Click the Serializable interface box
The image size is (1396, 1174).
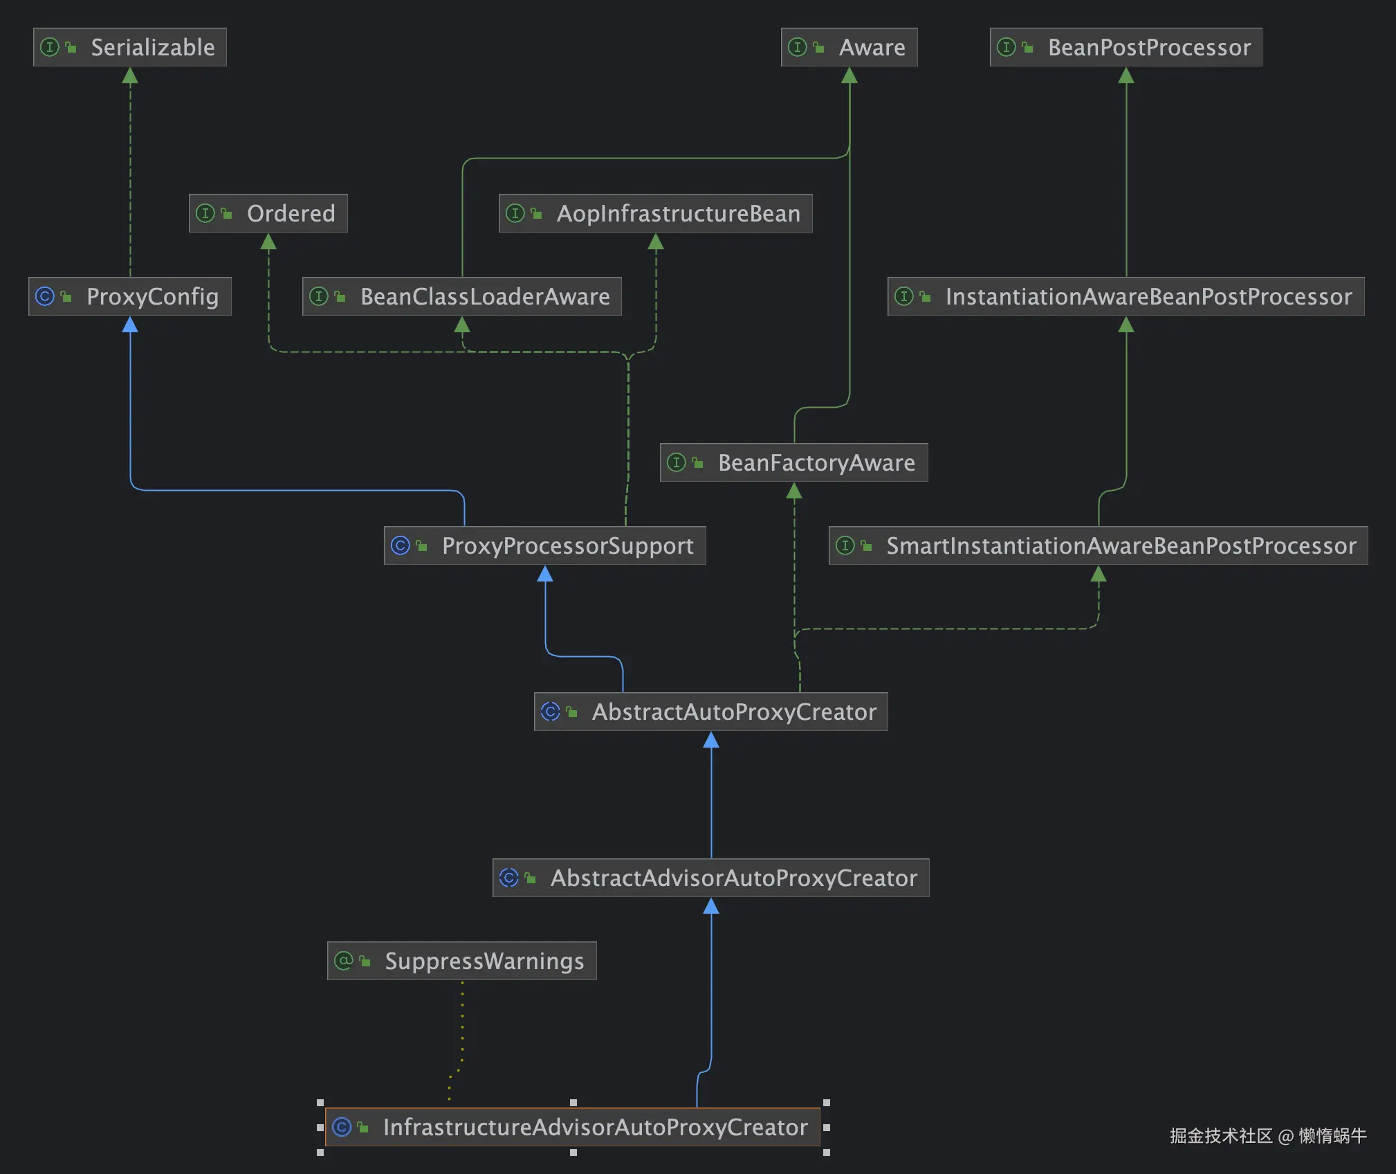click(130, 47)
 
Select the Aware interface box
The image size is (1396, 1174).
click(849, 47)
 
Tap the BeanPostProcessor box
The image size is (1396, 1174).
click(1126, 47)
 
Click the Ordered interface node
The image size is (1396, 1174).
click(268, 213)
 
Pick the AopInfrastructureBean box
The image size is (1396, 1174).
click(655, 213)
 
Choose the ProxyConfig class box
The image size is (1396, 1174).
click(130, 296)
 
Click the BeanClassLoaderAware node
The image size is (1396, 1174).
click(461, 296)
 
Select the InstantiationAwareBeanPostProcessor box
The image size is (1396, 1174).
click(1126, 296)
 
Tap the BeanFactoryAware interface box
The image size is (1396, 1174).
click(793, 462)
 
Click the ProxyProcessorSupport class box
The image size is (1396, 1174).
click(544, 545)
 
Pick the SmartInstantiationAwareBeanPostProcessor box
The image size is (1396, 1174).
click(1098, 545)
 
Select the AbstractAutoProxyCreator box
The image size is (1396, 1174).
click(710, 712)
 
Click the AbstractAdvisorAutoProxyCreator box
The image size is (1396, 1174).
click(710, 878)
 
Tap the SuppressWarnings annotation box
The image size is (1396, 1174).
click(461, 961)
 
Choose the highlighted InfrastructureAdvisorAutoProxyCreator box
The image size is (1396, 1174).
click(572, 1127)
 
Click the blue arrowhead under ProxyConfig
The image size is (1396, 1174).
click(130, 325)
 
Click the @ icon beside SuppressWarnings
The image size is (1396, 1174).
click(343, 961)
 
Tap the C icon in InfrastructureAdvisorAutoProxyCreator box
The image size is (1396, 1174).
click(342, 1127)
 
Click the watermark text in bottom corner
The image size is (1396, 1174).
click(1267, 1136)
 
